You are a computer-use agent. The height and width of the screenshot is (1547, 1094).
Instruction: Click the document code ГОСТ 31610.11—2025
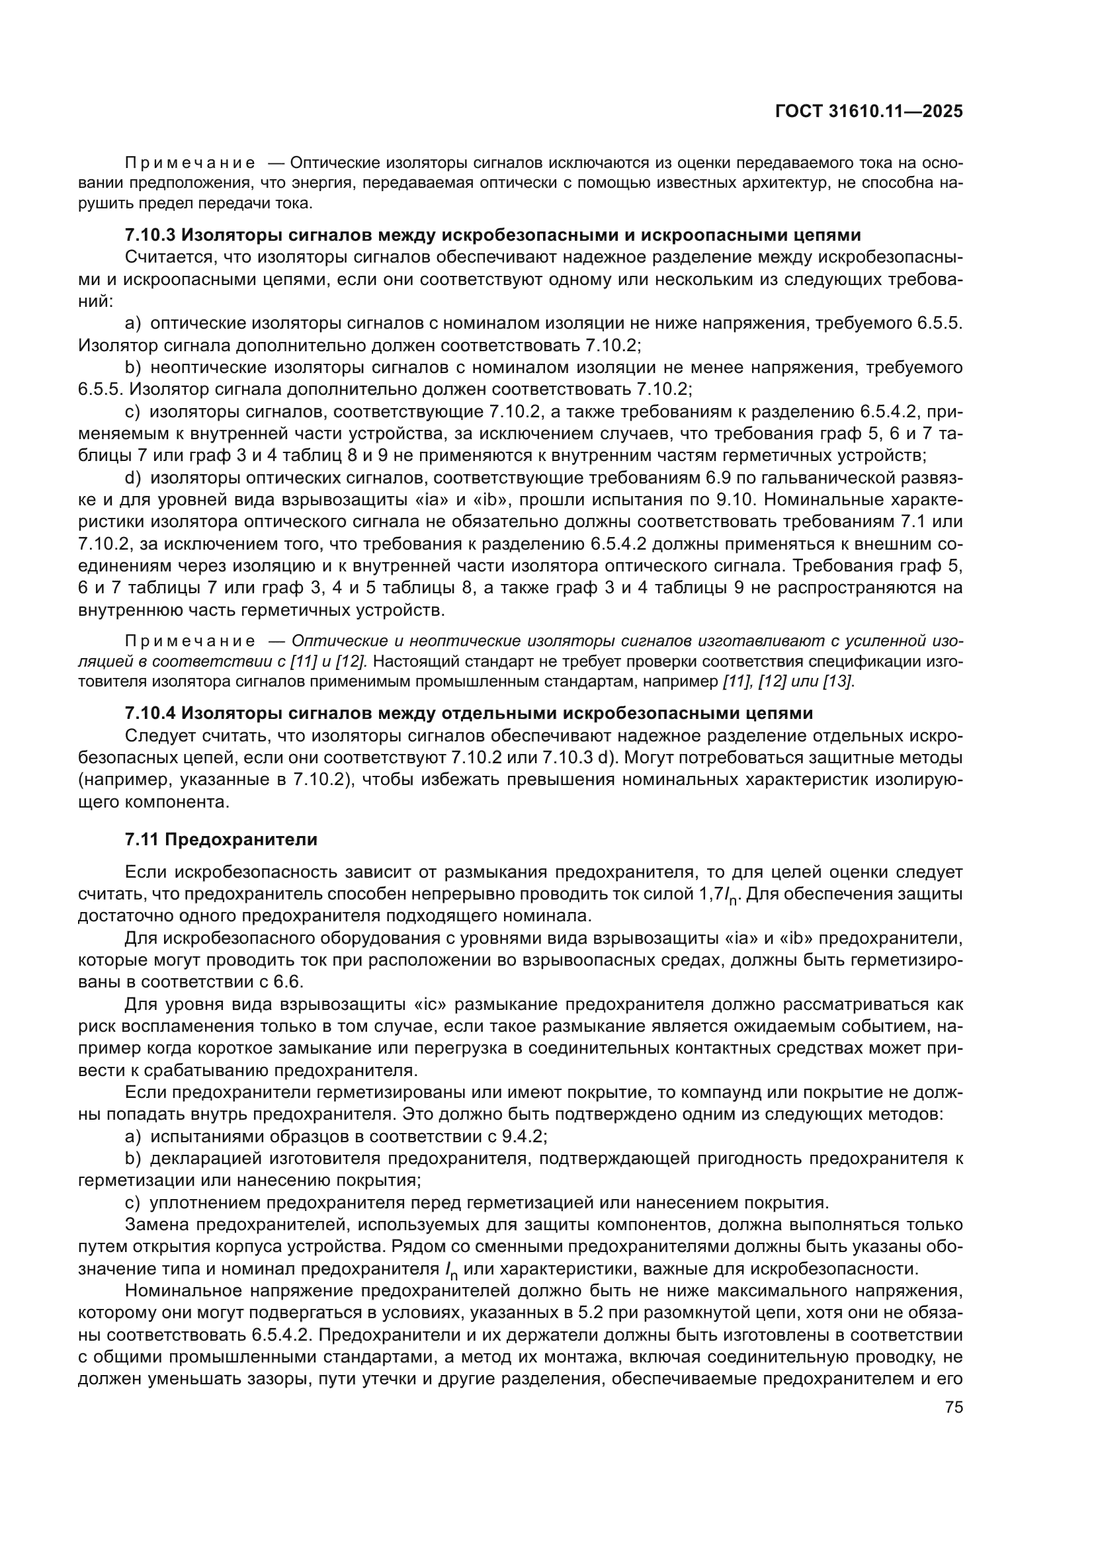coord(869,112)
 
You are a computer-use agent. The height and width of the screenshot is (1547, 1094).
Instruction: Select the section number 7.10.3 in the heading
coord(150,235)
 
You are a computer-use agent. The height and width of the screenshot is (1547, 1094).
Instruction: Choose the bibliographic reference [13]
coord(839,681)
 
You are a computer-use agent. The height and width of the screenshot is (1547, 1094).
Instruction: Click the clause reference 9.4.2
coord(523,1137)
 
